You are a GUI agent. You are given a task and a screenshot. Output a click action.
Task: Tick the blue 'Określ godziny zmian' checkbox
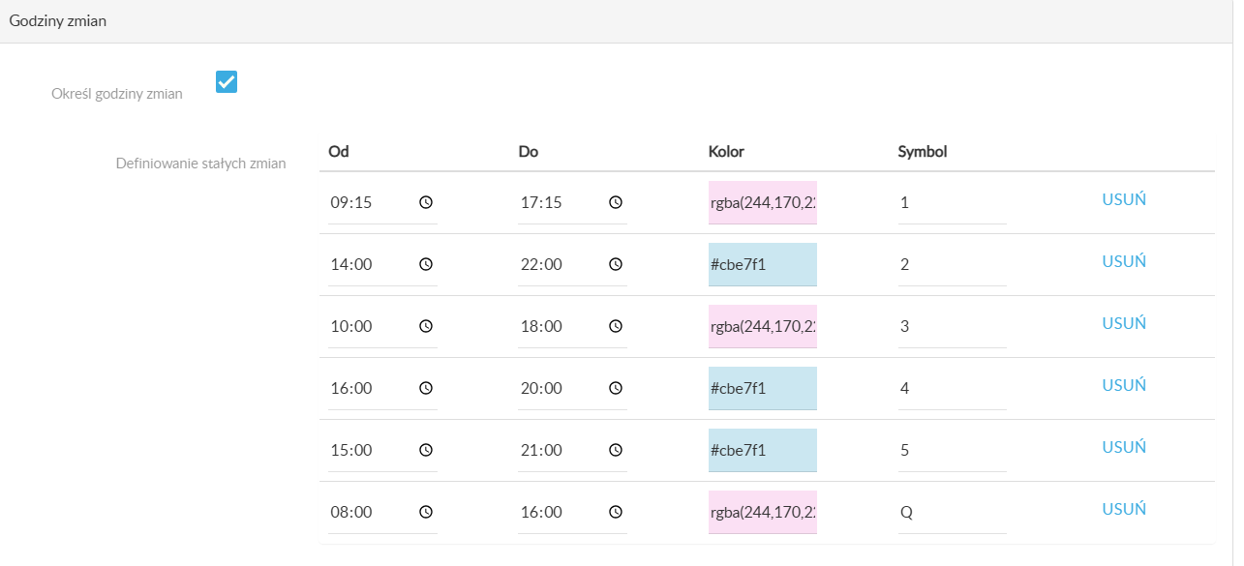pyautogui.click(x=227, y=81)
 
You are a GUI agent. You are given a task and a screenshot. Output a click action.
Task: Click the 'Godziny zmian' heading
pyautogui.click(x=58, y=21)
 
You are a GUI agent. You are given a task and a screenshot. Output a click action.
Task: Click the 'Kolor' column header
pyautogui.click(x=726, y=152)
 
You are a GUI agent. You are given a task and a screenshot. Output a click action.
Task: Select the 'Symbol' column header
pyautogui.click(x=923, y=152)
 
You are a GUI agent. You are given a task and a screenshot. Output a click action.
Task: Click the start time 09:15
pyautogui.click(x=351, y=202)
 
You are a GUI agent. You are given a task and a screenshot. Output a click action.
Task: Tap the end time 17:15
pyautogui.click(x=541, y=202)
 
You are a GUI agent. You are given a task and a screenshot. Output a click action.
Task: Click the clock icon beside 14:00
pyautogui.click(x=426, y=264)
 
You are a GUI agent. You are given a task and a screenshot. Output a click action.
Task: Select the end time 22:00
pyautogui.click(x=541, y=264)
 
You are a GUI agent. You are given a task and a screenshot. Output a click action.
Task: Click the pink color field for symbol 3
pyautogui.click(x=763, y=326)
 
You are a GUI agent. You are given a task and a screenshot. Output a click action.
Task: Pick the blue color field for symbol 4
pyautogui.click(x=763, y=388)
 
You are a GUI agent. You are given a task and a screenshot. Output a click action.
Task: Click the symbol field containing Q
pyautogui.click(x=952, y=512)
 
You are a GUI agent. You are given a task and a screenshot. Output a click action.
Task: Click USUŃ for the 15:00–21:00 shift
pyautogui.click(x=1124, y=447)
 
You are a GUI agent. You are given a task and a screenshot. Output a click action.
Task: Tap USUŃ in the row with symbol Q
pyautogui.click(x=1124, y=509)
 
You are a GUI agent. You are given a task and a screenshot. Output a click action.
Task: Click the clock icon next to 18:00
pyautogui.click(x=616, y=326)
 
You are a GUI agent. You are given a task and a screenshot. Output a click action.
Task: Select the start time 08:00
pyautogui.click(x=351, y=512)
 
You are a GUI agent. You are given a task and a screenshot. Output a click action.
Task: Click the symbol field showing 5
pyautogui.click(x=952, y=450)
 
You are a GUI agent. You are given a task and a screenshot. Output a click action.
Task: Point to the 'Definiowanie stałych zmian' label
pyautogui.click(x=201, y=164)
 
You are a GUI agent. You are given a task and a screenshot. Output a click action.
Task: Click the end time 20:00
pyautogui.click(x=541, y=388)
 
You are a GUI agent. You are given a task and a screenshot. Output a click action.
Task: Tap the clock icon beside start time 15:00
pyautogui.click(x=426, y=450)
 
